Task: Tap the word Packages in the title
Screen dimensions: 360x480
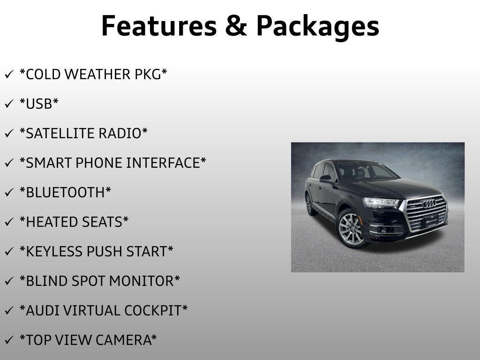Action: click(317, 26)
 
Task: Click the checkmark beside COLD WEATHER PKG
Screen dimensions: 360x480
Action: click(9, 75)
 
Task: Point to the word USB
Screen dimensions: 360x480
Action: click(39, 104)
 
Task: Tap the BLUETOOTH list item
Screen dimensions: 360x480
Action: click(65, 193)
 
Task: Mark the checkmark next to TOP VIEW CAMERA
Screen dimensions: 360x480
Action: click(9, 340)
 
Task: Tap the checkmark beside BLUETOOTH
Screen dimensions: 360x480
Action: click(9, 193)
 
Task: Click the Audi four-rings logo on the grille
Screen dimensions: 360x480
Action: click(428, 203)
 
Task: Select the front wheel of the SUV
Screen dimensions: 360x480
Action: click(351, 228)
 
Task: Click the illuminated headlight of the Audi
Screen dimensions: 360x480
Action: click(381, 202)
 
